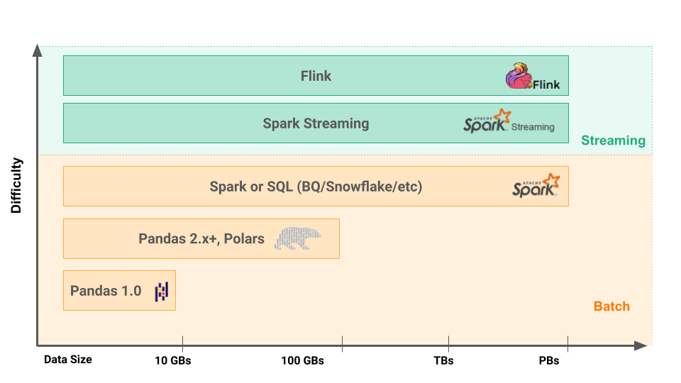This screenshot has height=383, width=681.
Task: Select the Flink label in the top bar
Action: tap(316, 76)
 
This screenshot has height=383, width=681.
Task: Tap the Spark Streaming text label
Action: tap(316, 123)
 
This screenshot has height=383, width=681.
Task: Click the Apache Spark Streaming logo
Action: tap(509, 122)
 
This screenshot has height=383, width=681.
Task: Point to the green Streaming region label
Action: tap(613, 140)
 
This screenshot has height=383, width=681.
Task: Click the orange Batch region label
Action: tap(611, 306)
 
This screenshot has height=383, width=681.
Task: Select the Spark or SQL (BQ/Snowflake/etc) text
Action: tap(316, 187)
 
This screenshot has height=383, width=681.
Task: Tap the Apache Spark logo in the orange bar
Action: tap(536, 185)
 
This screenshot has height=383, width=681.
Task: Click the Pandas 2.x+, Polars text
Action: tap(201, 238)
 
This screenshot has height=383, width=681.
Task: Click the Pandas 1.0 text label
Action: tap(106, 291)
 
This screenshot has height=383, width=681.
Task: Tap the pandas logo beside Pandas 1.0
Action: tap(162, 291)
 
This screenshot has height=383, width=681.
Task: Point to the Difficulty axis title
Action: tap(16, 186)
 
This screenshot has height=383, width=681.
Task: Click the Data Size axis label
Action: tap(67, 360)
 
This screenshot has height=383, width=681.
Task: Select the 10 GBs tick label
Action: tap(172, 360)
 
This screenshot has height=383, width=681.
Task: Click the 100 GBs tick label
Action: tap(302, 360)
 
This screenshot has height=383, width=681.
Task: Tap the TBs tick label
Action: tap(443, 360)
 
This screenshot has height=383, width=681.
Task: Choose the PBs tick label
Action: tap(548, 360)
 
